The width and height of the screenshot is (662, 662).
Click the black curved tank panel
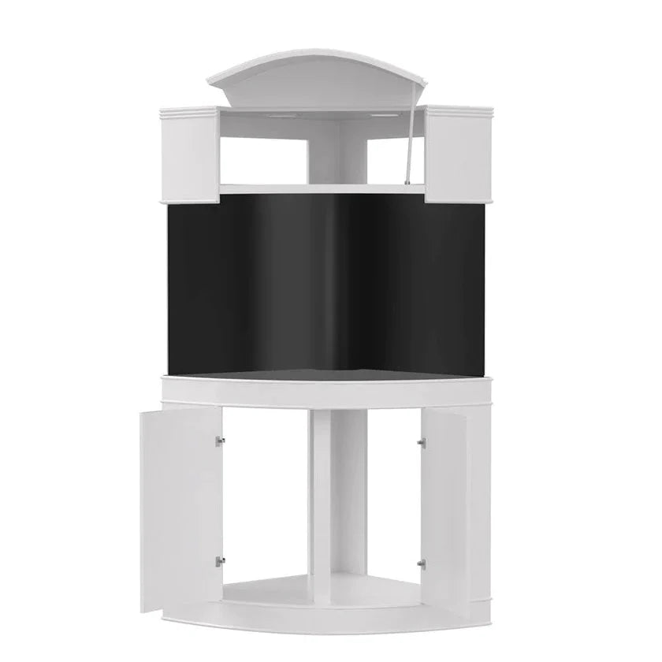pos(331,284)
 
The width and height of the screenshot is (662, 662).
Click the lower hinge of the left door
pos(221,561)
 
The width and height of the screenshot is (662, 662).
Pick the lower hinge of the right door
pos(421,563)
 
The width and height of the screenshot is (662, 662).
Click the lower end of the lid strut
pos(407,182)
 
